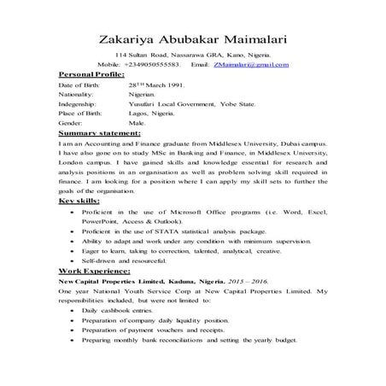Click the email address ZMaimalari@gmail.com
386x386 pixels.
[251, 64]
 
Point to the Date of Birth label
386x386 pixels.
[79, 87]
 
